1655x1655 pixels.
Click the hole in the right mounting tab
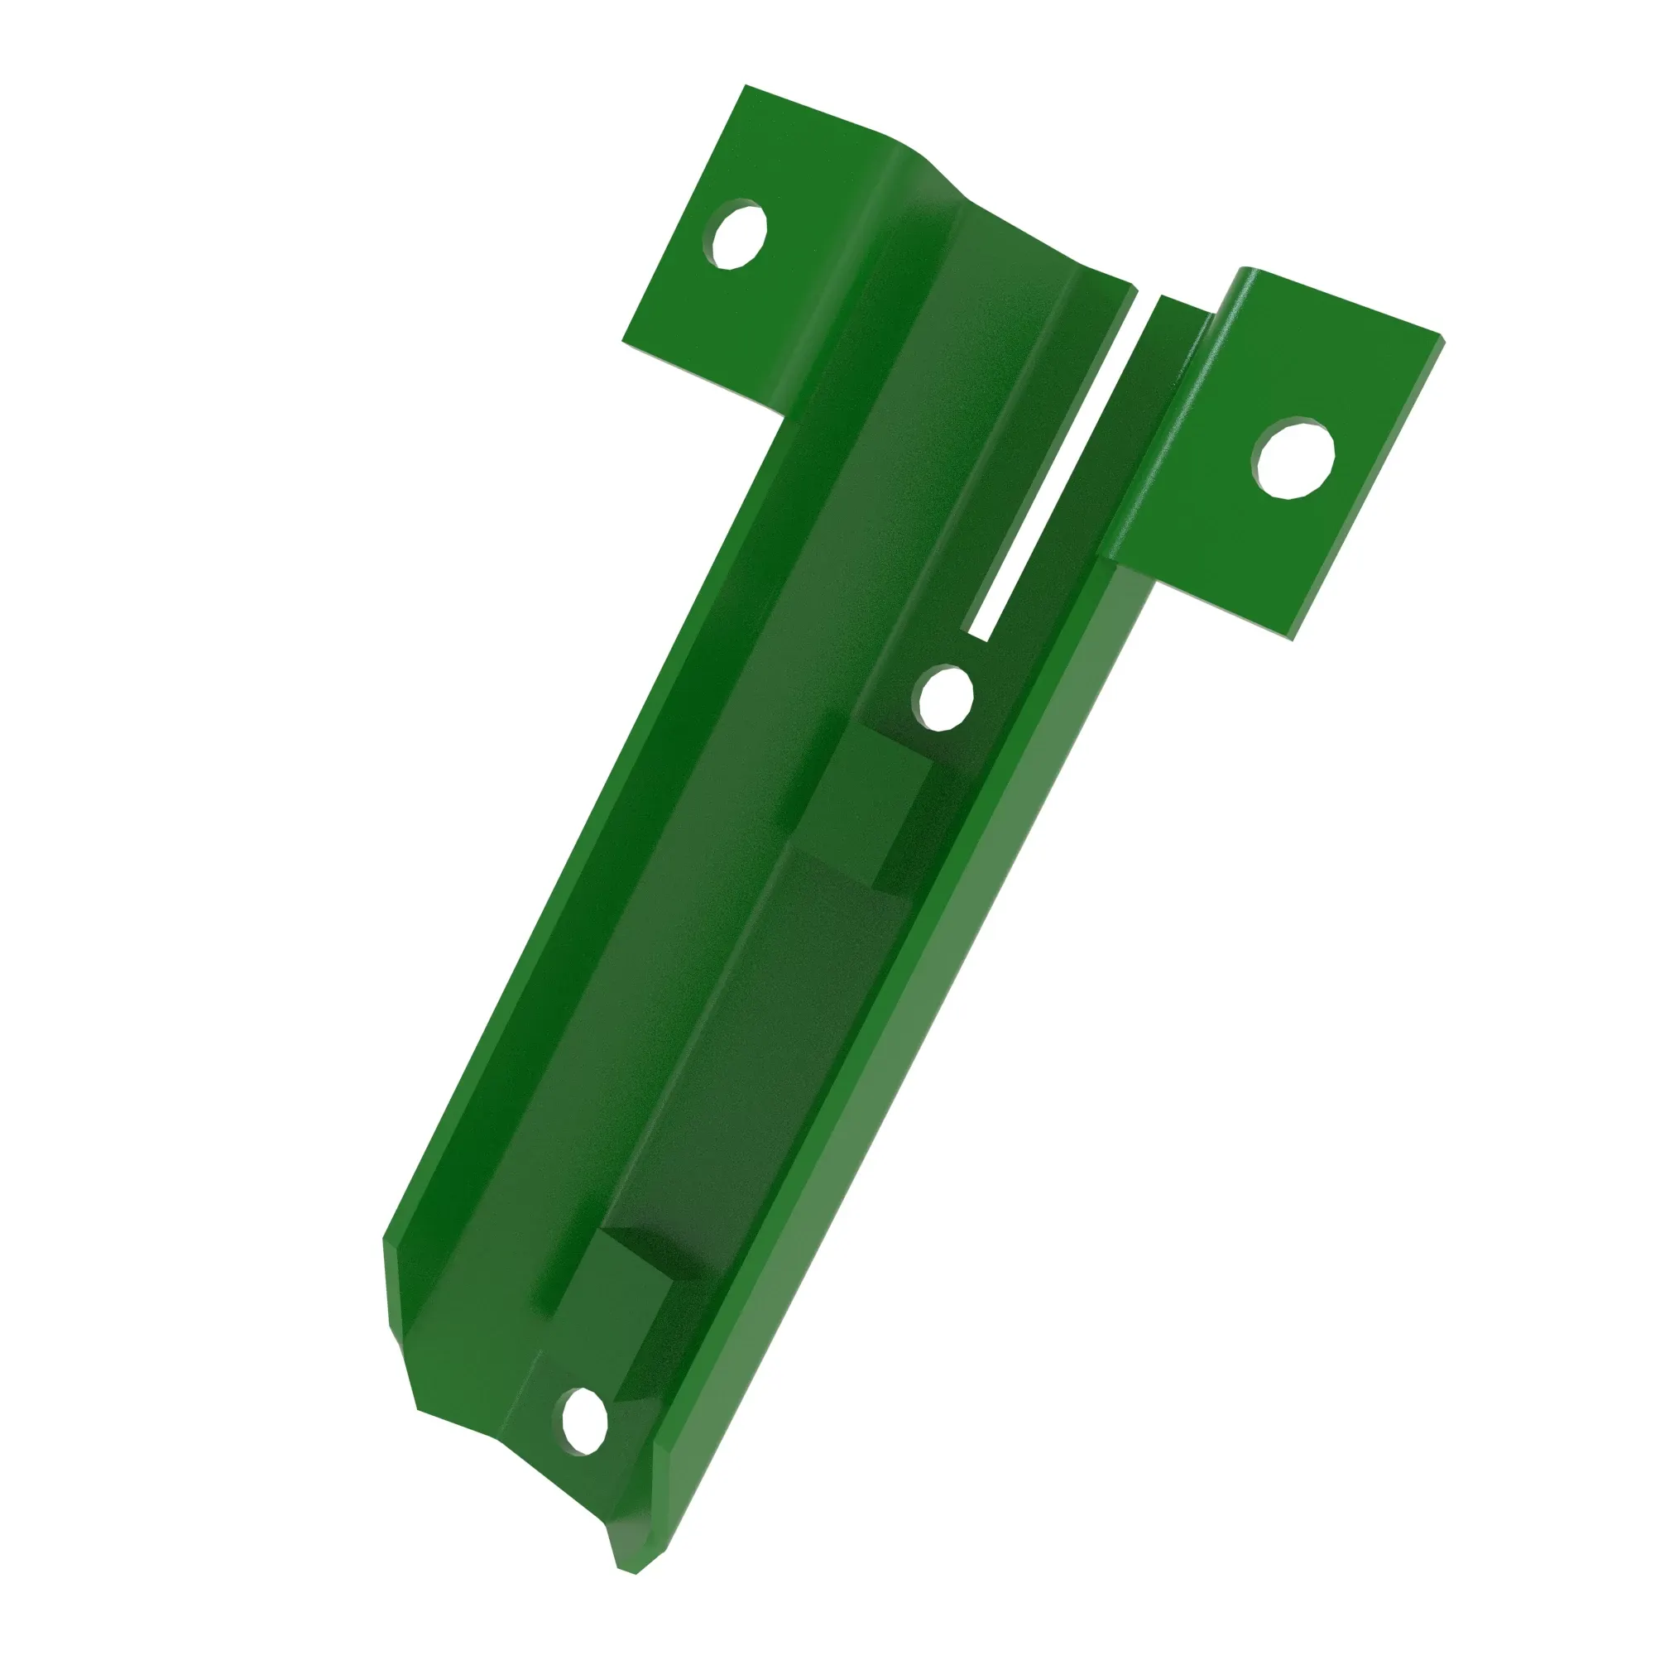click(1294, 459)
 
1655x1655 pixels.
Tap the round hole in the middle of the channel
click(944, 697)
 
